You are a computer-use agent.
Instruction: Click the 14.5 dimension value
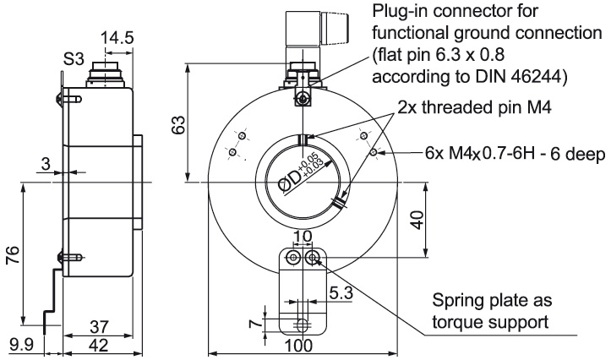click(x=117, y=38)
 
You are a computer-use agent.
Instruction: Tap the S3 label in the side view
click(x=74, y=60)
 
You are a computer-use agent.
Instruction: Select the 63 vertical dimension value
click(x=178, y=125)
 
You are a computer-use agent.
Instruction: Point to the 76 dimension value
click(x=14, y=255)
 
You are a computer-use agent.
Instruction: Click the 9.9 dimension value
click(x=21, y=345)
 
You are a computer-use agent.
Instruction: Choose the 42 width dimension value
click(x=99, y=345)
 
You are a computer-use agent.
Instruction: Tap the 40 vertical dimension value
click(x=417, y=220)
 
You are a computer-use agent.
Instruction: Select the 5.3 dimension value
click(x=341, y=293)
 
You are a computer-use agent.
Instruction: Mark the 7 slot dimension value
click(x=255, y=324)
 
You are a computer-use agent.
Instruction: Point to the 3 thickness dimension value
click(x=46, y=164)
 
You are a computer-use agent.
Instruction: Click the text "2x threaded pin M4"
click(x=474, y=107)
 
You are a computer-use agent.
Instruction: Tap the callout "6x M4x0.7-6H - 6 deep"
click(x=516, y=155)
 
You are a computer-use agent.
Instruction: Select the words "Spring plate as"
click(x=492, y=301)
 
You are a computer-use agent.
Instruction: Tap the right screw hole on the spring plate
click(x=312, y=256)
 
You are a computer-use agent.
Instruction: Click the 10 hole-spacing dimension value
click(x=303, y=236)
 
